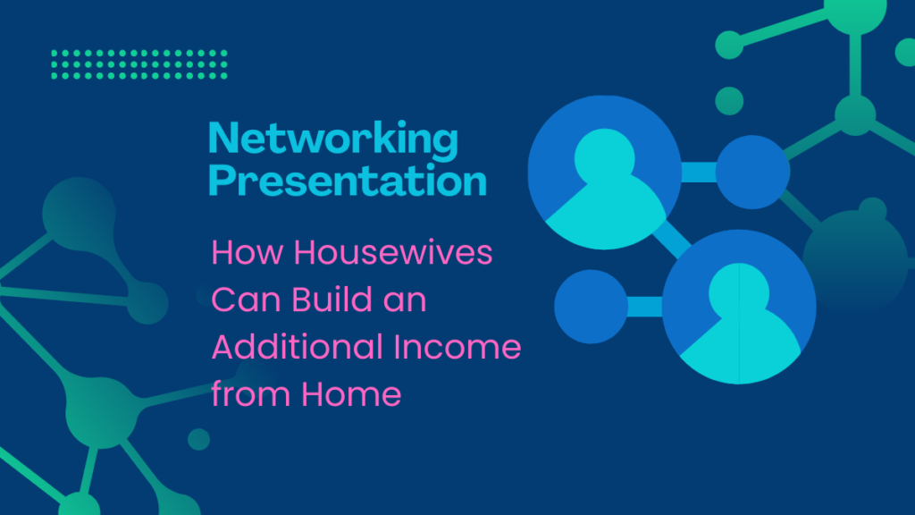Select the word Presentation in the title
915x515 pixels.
tap(348, 180)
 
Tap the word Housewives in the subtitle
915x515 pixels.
tap(393, 252)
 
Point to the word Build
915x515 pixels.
tap(332, 299)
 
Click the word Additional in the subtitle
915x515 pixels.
tap(297, 346)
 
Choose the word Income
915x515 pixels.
tap(457, 347)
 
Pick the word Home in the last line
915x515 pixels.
tap(351, 393)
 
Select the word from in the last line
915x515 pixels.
tap(251, 393)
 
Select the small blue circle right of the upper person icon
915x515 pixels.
tap(752, 173)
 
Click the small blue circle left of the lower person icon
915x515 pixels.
tap(592, 307)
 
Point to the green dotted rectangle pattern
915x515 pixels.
tap(139, 64)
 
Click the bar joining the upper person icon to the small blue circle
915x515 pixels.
tap(699, 173)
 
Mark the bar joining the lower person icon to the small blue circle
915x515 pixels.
tap(645, 307)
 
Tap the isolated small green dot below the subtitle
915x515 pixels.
tap(199, 440)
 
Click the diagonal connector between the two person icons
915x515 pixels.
tap(672, 239)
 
